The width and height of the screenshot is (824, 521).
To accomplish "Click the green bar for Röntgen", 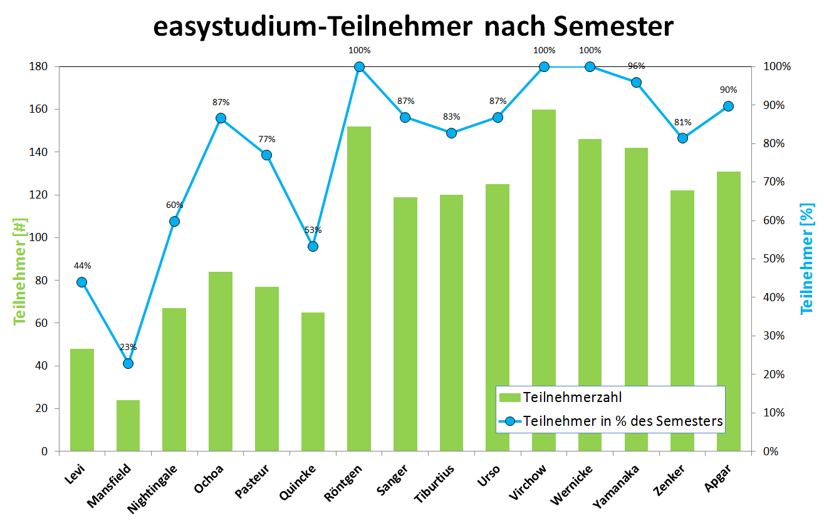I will click(x=359, y=288).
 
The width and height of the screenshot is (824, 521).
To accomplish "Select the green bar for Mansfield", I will click(x=128, y=426).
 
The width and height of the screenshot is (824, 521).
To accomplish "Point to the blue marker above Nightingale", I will click(x=174, y=221).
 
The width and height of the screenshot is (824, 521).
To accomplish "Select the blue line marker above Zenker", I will click(x=682, y=138).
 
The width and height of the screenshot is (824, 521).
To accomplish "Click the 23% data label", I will click(x=128, y=348).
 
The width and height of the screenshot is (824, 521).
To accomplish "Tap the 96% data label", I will click(x=636, y=66).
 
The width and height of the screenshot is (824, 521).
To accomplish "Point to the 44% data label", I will click(x=81, y=265).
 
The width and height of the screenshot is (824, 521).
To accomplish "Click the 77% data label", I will click(x=266, y=139).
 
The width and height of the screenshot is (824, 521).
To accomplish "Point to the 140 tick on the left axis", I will click(x=39, y=152).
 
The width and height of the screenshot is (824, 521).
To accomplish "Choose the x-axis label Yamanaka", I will click(x=618, y=485).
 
